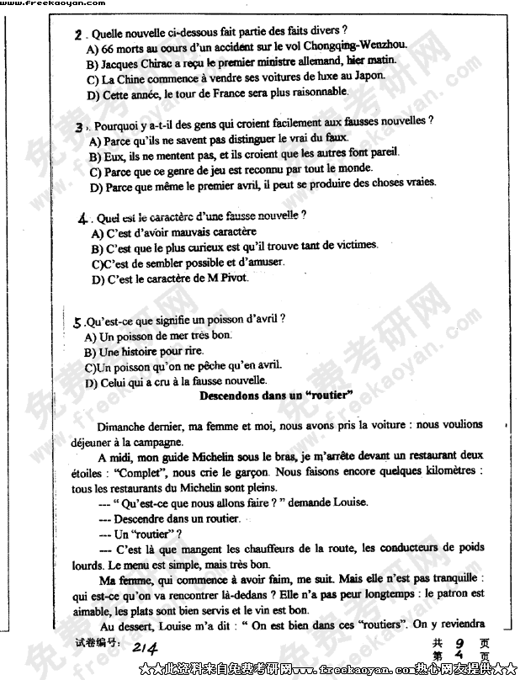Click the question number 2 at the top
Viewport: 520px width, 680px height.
[78, 35]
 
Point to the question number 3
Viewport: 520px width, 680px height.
[78, 126]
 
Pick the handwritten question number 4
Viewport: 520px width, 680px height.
[82, 218]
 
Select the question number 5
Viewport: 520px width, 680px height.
[77, 321]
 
